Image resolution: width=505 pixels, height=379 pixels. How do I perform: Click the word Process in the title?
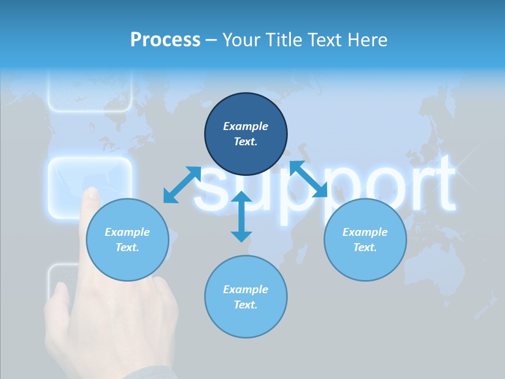point(165,40)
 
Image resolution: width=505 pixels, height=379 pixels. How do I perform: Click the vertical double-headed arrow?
point(241,216)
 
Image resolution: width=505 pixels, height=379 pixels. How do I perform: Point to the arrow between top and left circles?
point(182,184)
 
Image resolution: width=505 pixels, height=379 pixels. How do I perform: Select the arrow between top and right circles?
point(309,179)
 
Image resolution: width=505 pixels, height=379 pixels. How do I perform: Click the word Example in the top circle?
point(246,126)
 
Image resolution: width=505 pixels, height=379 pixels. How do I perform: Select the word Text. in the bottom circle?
point(246,305)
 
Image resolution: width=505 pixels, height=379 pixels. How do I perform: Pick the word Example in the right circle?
point(365,232)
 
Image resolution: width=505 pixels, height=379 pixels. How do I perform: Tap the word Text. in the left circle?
point(127,247)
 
